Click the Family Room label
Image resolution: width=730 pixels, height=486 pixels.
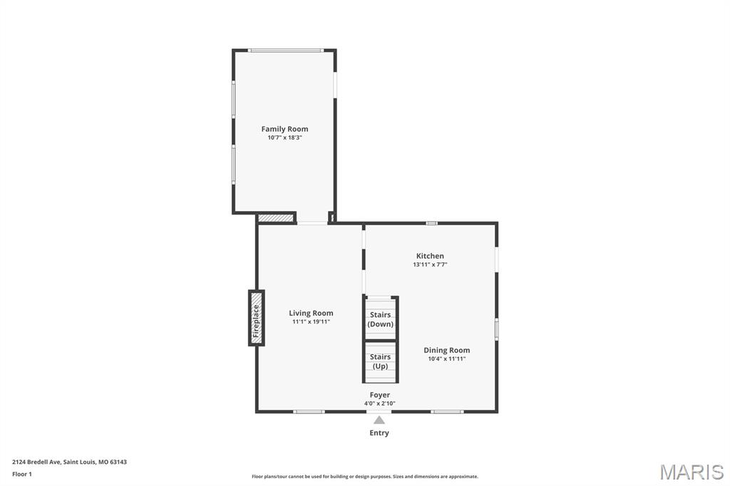[284, 129]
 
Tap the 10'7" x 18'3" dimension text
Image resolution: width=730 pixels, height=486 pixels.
[284, 138]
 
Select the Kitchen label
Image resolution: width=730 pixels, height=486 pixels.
[430, 256]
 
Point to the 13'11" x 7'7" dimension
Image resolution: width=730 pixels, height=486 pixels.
[430, 265]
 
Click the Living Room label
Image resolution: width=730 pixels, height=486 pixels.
[311, 313]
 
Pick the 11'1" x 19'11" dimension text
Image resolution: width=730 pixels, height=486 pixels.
[311, 322]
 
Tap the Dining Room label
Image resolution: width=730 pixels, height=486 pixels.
[447, 350]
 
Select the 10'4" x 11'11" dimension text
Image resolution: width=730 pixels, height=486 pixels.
[447, 359]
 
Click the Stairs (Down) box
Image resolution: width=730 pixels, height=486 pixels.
[380, 319]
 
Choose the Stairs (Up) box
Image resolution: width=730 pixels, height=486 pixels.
[380, 361]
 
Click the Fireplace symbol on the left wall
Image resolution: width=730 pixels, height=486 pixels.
[256, 318]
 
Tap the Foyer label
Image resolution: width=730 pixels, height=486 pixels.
[379, 395]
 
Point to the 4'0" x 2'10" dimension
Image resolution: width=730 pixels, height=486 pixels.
[379, 404]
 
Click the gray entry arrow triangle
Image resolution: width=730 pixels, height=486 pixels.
[379, 420]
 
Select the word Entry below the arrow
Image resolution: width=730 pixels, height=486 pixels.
[379, 433]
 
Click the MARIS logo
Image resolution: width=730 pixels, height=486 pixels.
[692, 472]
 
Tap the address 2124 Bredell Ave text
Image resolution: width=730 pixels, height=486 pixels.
[70, 462]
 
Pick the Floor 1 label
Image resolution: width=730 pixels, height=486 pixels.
[22, 474]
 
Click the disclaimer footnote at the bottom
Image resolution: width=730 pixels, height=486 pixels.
[365, 477]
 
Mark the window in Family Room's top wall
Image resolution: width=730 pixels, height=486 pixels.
[285, 50]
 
